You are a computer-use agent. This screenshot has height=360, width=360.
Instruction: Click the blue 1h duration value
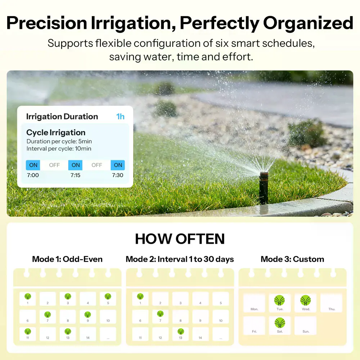pyautogui.click(x=120, y=116)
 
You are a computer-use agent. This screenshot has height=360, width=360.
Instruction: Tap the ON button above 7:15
pyautogui.click(x=75, y=165)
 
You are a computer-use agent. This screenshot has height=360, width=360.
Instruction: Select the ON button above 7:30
pyautogui.click(x=118, y=165)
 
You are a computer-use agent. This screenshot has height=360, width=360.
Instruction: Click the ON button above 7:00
pyautogui.click(x=33, y=165)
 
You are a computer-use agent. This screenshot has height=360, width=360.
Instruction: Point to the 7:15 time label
pyautogui.click(x=75, y=175)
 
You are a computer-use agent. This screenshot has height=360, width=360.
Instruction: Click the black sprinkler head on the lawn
pyautogui.click(x=264, y=187)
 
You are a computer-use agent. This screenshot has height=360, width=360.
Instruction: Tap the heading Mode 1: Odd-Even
pyautogui.click(x=67, y=259)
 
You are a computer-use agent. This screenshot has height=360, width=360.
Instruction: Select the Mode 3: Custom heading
pyautogui.click(x=292, y=259)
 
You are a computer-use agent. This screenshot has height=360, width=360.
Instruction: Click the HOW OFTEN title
pyautogui.click(x=180, y=239)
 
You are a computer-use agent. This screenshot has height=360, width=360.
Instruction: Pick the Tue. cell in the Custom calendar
pyautogui.click(x=280, y=303)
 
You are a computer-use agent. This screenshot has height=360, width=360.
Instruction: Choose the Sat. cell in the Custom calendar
pyautogui.click(x=280, y=325)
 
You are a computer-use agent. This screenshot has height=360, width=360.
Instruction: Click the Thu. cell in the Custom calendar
pyautogui.click(x=331, y=303)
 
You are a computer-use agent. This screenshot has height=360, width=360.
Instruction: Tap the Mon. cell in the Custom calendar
pyautogui.click(x=254, y=303)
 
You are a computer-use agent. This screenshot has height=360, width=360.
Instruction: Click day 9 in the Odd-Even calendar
pyautogui.click(x=88, y=316)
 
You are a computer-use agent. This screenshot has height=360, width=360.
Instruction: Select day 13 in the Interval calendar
pyautogui.click(x=180, y=334)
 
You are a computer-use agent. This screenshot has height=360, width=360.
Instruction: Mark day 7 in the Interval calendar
pyautogui.click(x=160, y=316)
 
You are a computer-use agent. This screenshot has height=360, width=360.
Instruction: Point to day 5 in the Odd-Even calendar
pyautogui.click(x=108, y=299)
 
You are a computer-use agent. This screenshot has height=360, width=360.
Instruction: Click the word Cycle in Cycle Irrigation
pyautogui.click(x=37, y=132)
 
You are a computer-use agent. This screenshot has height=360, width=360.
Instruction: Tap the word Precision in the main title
pyautogui.click(x=47, y=23)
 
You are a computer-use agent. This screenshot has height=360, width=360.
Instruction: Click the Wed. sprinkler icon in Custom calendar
pyautogui.click(x=306, y=300)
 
